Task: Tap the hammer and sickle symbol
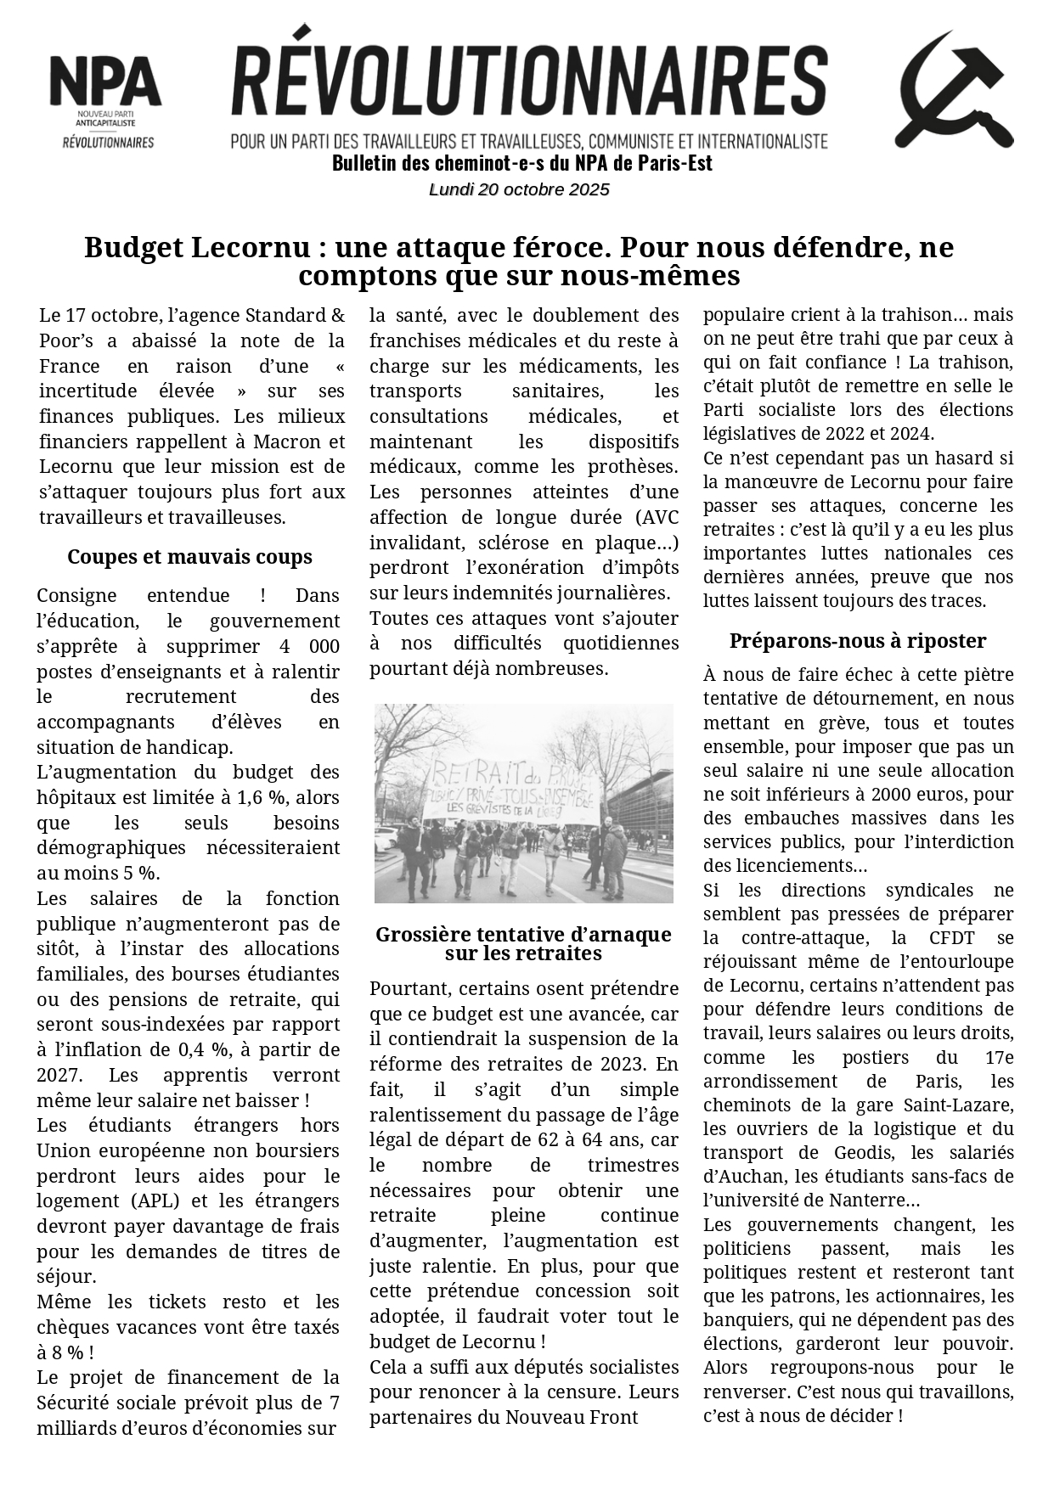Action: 954,90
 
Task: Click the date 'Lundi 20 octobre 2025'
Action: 519,189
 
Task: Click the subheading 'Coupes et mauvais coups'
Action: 189,557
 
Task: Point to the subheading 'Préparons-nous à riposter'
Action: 857,640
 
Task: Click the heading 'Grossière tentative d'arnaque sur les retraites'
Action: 523,943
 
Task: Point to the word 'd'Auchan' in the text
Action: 737,1177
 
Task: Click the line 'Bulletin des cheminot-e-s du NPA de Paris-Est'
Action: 521,163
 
